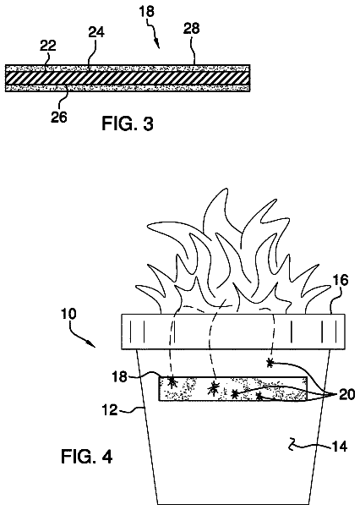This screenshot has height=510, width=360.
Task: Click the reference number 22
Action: coord(48,46)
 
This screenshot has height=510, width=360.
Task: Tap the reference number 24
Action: coord(96,32)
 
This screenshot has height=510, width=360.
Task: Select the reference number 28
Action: coord(191,28)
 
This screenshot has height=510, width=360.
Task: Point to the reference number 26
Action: coord(59,117)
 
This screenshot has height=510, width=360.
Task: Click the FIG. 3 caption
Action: coord(128,123)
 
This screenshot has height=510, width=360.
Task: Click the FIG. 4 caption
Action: coord(87,457)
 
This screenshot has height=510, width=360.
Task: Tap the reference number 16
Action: coord(341,280)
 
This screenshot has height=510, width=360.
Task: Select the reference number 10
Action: coord(68,314)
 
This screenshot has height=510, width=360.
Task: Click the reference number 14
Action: coord(340,447)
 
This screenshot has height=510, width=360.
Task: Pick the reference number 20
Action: coord(347,394)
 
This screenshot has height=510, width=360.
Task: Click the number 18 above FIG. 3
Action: coord(146,13)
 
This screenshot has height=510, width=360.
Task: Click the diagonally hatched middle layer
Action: coord(128,79)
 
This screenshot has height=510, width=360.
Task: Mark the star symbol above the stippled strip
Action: coord(270,362)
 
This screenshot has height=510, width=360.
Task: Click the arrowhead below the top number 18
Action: coord(158,45)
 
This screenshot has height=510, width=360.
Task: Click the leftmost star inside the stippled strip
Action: coord(172,381)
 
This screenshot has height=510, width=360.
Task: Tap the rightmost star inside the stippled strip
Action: coord(259,396)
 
